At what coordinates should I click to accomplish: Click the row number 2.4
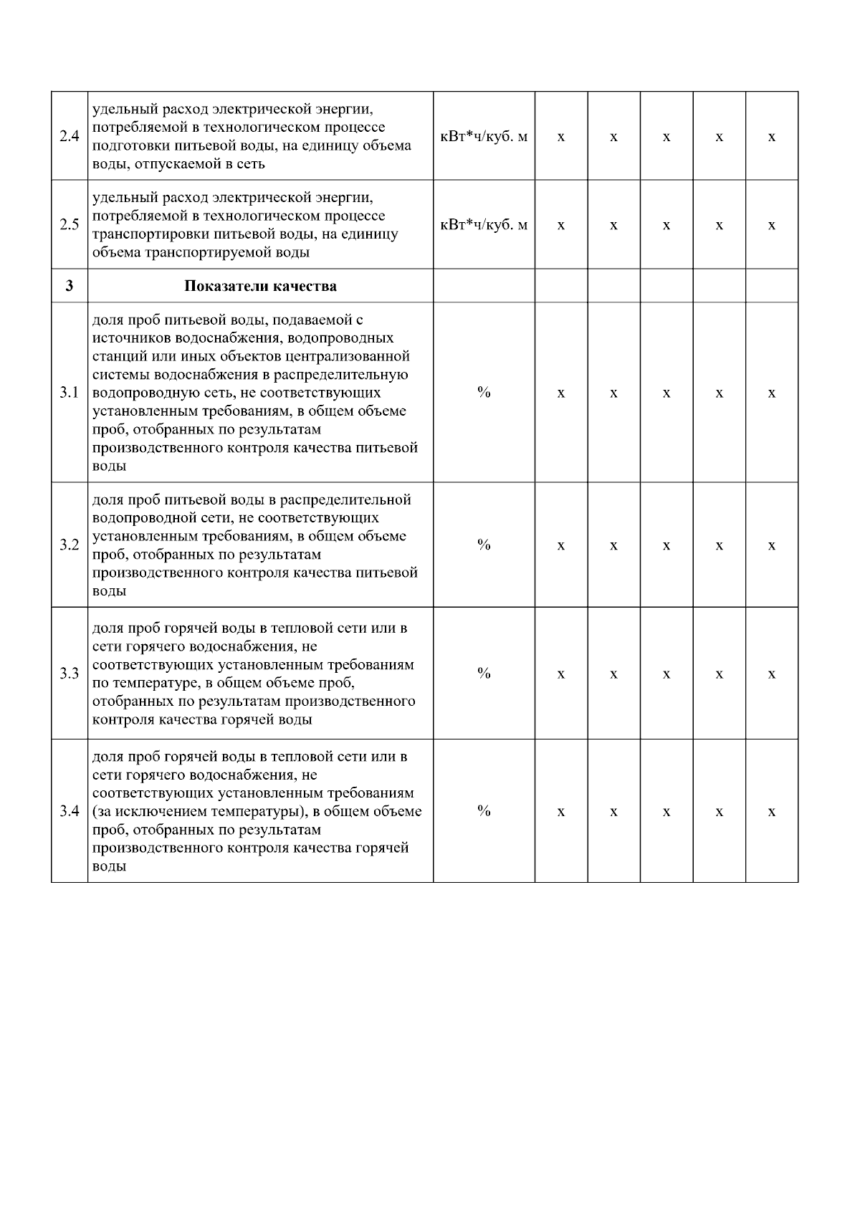69,136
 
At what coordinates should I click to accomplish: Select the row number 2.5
69,225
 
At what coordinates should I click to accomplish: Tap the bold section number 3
69,286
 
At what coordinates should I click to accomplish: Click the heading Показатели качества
260,286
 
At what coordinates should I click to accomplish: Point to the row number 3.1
69,393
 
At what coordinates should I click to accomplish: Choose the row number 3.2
69,545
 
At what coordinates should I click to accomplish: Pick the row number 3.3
69,674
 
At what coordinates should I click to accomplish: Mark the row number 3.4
69,811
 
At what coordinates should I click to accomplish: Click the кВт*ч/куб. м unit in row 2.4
484,136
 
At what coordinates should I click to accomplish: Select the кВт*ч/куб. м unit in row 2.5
484,225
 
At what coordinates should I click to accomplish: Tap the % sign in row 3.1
484,392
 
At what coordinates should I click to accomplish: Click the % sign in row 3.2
484,545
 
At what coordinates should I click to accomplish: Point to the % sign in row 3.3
484,673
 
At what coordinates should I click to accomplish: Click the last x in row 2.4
772,137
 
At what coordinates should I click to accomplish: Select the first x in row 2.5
561,226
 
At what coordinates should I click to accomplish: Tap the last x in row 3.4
772,812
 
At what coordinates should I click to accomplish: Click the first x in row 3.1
561,393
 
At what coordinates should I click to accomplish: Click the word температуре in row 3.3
150,683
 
